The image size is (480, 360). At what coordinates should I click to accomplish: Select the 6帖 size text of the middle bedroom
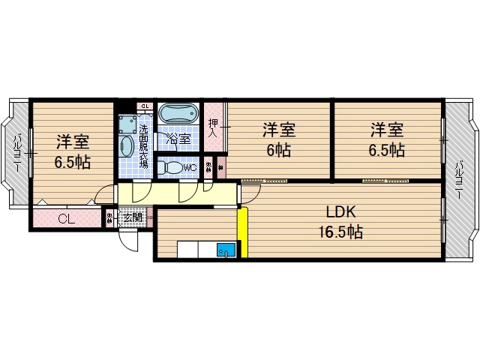278,150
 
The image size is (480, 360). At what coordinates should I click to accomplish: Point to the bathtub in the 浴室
180,115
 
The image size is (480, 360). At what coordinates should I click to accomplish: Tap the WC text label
190,168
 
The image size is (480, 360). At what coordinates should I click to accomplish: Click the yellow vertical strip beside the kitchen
242,232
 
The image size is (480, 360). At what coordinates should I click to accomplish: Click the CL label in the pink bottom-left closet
66,220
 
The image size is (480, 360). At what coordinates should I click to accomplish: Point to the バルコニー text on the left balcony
16,153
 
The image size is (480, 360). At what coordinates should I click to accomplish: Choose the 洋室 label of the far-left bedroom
73,141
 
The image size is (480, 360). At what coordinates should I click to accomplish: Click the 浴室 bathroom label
178,139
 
